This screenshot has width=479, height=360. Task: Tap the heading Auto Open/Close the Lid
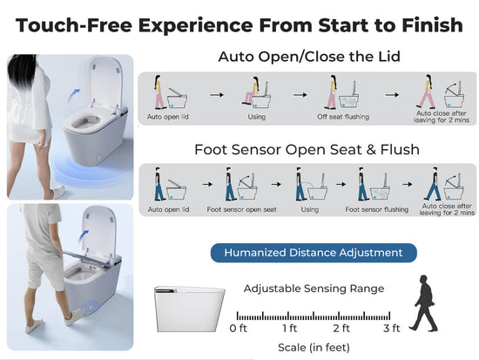309,57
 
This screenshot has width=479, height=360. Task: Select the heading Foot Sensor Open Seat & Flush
307,150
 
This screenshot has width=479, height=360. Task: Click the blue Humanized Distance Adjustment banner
314,253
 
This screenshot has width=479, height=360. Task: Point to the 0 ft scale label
239,329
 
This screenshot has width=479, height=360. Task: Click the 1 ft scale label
289,329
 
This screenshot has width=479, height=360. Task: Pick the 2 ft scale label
341,329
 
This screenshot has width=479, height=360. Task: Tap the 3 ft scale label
392,329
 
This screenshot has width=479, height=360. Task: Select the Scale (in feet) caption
314,348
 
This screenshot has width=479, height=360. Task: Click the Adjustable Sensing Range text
314,289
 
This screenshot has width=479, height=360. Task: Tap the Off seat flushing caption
343,117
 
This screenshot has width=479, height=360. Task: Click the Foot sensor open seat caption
241,209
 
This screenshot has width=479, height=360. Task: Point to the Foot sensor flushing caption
376,209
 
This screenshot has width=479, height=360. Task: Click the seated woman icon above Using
251,91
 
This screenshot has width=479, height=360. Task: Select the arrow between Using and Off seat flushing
300,95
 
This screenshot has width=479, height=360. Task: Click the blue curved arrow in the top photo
73,95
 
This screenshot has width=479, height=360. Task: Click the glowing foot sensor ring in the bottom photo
91,307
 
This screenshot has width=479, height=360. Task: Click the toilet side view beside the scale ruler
189,309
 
